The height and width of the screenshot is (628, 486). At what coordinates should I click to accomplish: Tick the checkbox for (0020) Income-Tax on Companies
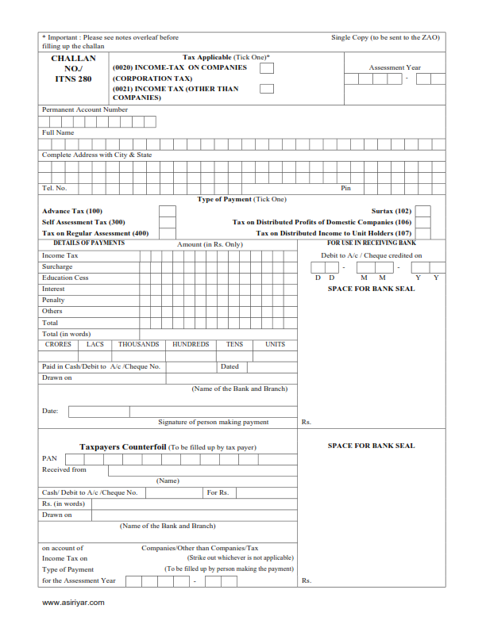pyautogui.click(x=267, y=68)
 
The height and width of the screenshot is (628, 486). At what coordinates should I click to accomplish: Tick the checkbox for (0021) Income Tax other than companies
pyautogui.click(x=267, y=89)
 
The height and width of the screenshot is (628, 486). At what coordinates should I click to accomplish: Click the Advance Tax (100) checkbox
pyautogui.click(x=167, y=212)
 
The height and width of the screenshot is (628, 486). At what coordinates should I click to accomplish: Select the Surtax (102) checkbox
pyautogui.click(x=423, y=212)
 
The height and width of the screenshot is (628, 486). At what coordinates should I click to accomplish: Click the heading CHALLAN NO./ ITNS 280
pyautogui.click(x=73, y=68)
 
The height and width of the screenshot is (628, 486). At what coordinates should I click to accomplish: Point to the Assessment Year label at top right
pyautogui.click(x=395, y=68)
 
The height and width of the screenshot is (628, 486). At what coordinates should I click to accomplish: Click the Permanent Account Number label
pyautogui.click(x=84, y=109)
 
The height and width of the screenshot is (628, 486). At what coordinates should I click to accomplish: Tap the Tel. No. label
pyautogui.click(x=54, y=188)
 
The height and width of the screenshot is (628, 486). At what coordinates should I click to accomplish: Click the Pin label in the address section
pyautogui.click(x=345, y=188)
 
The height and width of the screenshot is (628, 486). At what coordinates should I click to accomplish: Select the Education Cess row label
pyautogui.click(x=65, y=278)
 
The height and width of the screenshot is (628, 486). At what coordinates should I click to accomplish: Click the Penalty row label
pyautogui.click(x=53, y=301)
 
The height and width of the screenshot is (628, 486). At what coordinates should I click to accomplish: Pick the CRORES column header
pyautogui.click(x=58, y=345)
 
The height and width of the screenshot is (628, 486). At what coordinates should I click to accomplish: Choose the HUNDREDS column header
pyautogui.click(x=191, y=345)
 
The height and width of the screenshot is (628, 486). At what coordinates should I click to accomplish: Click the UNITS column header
pyautogui.click(x=275, y=345)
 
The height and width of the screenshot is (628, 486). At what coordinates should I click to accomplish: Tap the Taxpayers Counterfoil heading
pyautogui.click(x=122, y=447)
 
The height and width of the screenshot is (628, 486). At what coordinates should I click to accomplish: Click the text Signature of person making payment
pyautogui.click(x=213, y=423)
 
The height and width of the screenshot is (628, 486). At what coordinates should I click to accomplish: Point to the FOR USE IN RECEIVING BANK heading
pyautogui.click(x=372, y=243)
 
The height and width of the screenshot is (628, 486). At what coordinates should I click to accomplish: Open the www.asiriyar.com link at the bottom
pyautogui.click(x=73, y=603)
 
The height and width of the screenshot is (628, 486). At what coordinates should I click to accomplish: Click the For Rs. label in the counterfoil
pyautogui.click(x=218, y=492)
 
